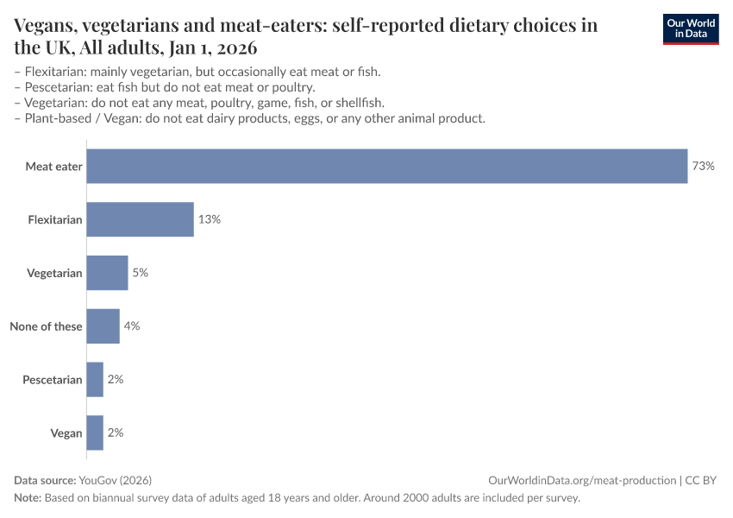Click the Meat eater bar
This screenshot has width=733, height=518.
pos(386,166)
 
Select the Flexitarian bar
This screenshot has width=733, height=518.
pos(140,219)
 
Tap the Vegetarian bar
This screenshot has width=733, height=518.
pos(107,273)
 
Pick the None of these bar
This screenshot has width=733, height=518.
pos(103,326)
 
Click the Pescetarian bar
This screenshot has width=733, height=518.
pos(95,379)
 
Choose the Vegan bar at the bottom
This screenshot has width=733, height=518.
pos(95,433)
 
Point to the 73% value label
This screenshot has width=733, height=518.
pos(703,166)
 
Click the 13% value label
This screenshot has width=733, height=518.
pos(210,219)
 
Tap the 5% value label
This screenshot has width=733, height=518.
pos(141,273)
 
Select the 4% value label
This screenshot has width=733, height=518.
pos(132,326)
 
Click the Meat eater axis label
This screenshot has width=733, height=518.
pos(53,167)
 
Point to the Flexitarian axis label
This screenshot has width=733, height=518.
pos(54,220)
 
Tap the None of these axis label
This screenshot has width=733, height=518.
pos(46,326)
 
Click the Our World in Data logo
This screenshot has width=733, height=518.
pos(690,28)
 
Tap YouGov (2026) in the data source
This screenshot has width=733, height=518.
pos(115,480)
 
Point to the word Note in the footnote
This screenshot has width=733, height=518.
pos(27,498)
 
